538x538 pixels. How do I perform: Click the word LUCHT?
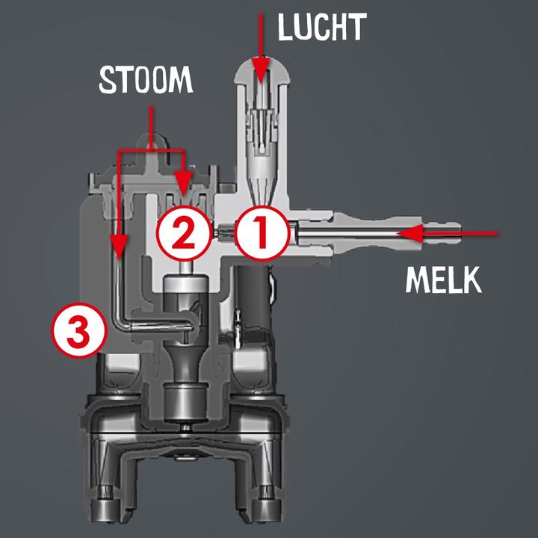[322, 27]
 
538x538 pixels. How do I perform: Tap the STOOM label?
[146, 80]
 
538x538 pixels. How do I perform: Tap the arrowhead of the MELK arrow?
[404, 233]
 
